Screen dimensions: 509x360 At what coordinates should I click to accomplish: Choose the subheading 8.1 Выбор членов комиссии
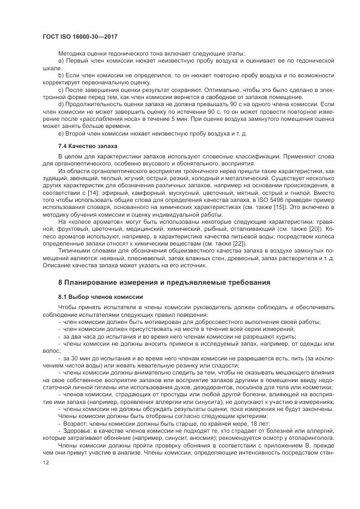coord(100,296)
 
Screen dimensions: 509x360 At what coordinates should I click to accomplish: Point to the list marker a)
coord(60,60)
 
